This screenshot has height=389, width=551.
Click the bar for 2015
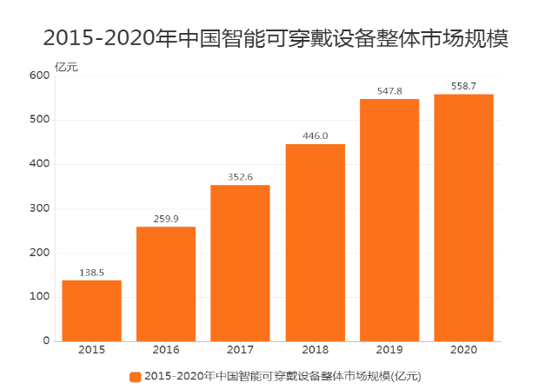91,310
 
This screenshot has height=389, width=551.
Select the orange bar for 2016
166,283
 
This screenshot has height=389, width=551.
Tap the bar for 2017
240,262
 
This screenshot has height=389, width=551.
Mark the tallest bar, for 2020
464,217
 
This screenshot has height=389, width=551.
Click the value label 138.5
91,273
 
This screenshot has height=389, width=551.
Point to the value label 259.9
166,219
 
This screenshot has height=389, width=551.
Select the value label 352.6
240,177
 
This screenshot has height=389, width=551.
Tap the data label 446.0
315,135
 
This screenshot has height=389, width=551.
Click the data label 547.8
389,90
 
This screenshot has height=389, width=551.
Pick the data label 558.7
464,86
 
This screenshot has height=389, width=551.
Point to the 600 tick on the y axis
39,76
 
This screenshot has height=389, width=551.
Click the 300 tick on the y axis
39,208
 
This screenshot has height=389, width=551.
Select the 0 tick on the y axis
45,341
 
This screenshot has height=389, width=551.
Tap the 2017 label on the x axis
240,352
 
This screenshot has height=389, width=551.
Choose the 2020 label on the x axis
464,352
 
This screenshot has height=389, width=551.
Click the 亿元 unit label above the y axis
66,66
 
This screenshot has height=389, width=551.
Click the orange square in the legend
135,376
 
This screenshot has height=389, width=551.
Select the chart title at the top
275,38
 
